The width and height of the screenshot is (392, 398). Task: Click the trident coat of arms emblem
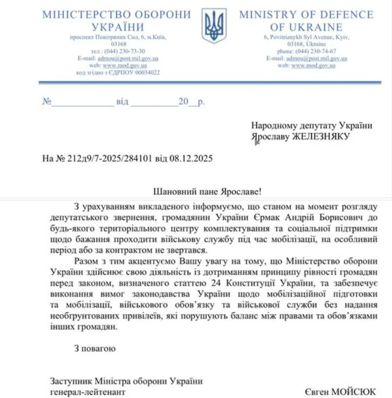[214, 26]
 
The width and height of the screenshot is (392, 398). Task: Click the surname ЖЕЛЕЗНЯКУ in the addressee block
[321, 136]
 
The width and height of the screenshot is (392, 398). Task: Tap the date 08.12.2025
[191, 159]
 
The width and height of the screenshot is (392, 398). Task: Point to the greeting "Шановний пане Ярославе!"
[208, 192]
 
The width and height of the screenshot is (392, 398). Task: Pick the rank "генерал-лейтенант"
[87, 391]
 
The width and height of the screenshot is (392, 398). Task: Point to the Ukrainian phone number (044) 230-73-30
[125, 51]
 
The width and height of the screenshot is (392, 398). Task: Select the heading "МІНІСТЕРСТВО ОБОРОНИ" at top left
[117, 15]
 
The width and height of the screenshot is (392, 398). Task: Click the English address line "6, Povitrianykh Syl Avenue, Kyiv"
[307, 37]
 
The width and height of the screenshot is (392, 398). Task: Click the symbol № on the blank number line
[47, 102]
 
